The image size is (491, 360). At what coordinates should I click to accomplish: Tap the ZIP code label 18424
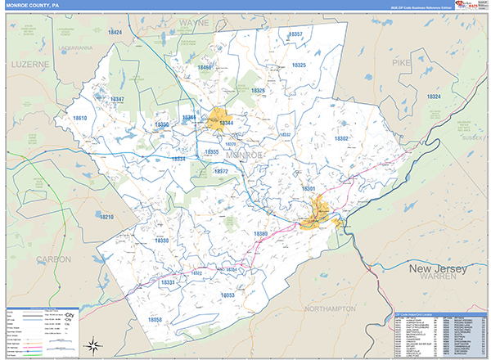(x=115, y=33)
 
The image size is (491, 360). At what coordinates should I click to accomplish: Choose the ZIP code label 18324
(x=434, y=97)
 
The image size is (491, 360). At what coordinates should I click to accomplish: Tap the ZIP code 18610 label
(x=79, y=119)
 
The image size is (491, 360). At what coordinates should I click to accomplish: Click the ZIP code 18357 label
(x=295, y=34)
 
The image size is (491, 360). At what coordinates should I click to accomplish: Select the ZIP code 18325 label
(x=299, y=65)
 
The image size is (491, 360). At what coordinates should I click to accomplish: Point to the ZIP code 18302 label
(x=341, y=139)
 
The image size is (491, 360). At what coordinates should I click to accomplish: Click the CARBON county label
(x=53, y=259)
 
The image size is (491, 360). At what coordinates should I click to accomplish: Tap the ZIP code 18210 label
(x=106, y=217)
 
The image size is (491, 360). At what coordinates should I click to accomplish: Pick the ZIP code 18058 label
(x=155, y=319)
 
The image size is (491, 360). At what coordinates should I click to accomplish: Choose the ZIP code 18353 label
(x=228, y=295)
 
